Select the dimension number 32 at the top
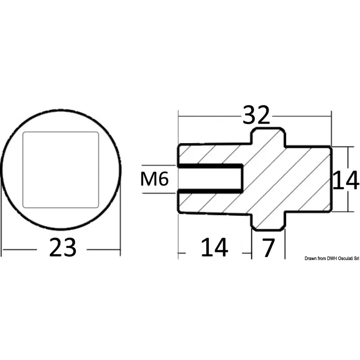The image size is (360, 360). pyautogui.click(x=256, y=115)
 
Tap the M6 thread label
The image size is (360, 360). pyautogui.click(x=154, y=179)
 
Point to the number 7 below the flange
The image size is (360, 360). pyautogui.click(x=268, y=248)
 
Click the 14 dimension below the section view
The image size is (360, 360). pyautogui.click(x=215, y=247)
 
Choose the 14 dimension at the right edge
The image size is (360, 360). pyautogui.click(x=346, y=180)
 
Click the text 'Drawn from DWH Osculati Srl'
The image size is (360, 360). pyautogui.click(x=332, y=258)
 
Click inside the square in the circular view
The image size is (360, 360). pyautogui.click(x=61, y=170)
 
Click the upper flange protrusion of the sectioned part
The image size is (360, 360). pyautogui.click(x=268, y=137)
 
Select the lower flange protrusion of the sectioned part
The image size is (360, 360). pyautogui.click(x=268, y=221)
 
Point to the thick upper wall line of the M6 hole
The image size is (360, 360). pyautogui.click(x=210, y=166)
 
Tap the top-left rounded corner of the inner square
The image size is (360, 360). pyautogui.click(x=24, y=133)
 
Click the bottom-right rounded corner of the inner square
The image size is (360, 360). pyautogui.click(x=97, y=207)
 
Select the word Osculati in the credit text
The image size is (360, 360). pyautogui.click(x=344, y=258)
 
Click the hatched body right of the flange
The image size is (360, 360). pyautogui.click(x=308, y=179)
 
